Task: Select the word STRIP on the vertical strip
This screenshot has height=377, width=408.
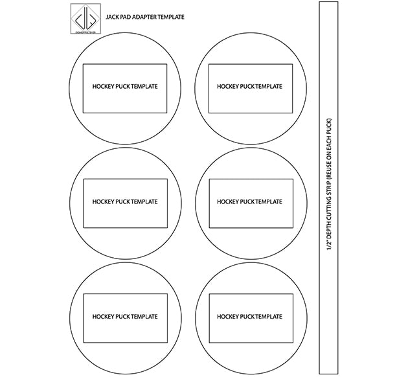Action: (x=329, y=186)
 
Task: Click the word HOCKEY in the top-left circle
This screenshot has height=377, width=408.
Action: (x=102, y=87)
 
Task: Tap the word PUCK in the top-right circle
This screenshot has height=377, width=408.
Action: (x=247, y=87)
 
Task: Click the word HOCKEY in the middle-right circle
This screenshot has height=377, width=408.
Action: (x=227, y=202)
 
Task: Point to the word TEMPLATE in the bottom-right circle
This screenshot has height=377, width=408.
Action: (x=269, y=317)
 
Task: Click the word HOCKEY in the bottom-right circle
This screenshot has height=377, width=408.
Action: (x=227, y=317)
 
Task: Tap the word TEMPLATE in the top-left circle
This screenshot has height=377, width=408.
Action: (x=144, y=87)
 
